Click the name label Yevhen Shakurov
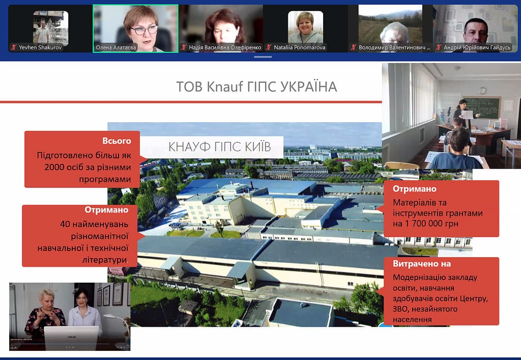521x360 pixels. (40, 47)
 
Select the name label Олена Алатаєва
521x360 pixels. (115, 47)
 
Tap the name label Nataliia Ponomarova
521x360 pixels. (299, 47)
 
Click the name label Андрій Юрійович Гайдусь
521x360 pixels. (477, 47)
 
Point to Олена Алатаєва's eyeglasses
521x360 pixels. (144, 30)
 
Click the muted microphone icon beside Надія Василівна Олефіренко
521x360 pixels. (184, 47)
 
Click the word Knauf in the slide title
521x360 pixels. (225, 87)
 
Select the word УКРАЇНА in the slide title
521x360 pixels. (309, 87)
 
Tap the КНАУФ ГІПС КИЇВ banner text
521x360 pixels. (219, 147)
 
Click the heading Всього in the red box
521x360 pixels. (117, 141)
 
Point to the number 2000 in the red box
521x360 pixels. (54, 167)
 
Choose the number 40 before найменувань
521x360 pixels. (65, 224)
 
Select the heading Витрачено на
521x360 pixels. (422, 264)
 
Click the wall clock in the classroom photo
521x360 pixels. (482, 91)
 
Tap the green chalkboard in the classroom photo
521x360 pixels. (482, 107)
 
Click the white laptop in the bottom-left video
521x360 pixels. (71, 338)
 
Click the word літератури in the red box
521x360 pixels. (105, 260)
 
